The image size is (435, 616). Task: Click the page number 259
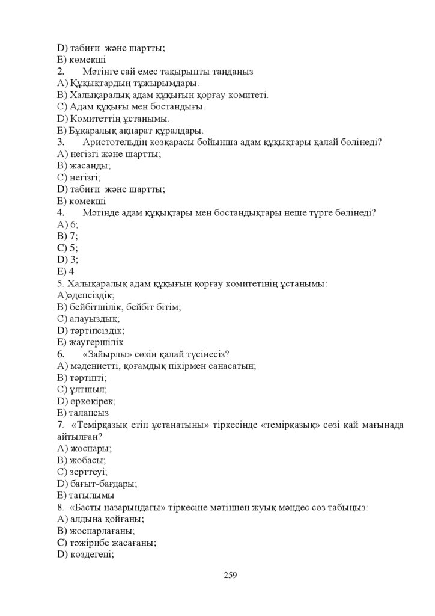tap(230, 576)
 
